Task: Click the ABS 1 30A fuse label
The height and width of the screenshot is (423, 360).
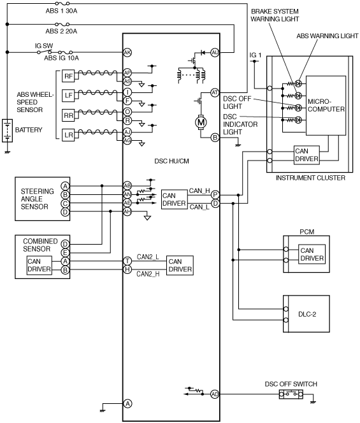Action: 61,11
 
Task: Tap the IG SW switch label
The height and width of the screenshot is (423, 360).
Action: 44,46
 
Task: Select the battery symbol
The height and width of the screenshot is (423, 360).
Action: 7,131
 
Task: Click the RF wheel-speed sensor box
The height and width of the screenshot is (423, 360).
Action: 68,76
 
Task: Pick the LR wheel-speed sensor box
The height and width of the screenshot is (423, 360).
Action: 68,134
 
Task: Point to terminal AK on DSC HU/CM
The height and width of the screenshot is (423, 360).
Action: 127,53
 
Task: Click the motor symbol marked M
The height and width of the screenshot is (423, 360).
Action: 201,122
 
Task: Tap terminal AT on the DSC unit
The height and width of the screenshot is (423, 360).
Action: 215,93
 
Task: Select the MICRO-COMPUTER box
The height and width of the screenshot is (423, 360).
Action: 326,106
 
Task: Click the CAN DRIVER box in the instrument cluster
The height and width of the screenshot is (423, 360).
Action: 306,155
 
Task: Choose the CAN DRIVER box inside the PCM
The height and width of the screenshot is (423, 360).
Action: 312,254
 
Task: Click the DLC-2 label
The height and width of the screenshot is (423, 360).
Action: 307,314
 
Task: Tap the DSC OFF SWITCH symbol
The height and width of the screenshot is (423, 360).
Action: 291,394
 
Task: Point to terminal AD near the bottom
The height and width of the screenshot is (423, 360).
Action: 215,394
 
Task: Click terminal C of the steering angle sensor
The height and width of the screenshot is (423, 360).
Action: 65,203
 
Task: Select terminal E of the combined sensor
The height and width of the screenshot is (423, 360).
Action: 65,253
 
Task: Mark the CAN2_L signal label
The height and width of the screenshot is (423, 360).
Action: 148,257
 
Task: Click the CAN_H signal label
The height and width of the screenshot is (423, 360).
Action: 199,190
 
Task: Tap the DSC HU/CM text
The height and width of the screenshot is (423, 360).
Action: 171,161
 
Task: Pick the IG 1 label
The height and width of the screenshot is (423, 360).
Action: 256,55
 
